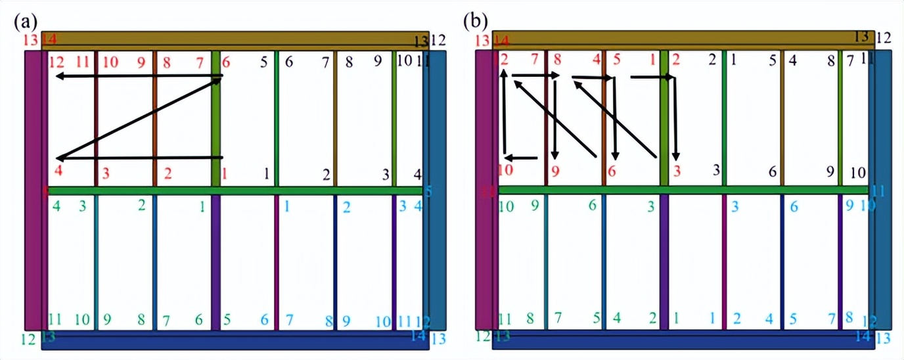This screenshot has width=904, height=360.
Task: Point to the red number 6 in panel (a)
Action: tap(226, 63)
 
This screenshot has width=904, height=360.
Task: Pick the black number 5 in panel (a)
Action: tap(263, 63)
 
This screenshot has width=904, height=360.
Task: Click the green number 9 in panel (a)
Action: tap(106, 321)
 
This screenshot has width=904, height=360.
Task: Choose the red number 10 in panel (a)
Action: tap(110, 63)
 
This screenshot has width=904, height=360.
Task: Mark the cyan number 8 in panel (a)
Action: tap(328, 321)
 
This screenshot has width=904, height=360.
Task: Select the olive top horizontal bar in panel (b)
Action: tap(683, 39)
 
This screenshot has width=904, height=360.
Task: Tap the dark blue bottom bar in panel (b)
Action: tap(683, 340)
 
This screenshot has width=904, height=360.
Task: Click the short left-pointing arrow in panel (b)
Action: tap(522, 158)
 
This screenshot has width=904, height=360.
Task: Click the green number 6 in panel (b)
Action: tap(592, 206)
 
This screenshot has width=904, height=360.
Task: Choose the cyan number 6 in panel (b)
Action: tap(794, 206)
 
